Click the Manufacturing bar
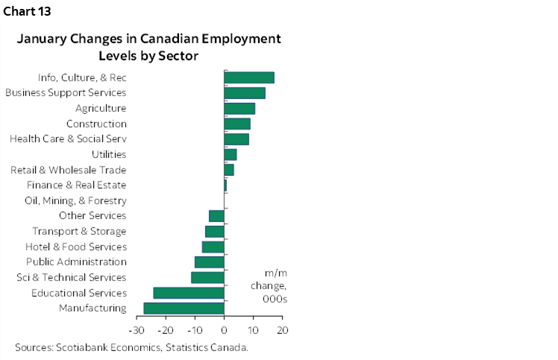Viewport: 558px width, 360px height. [x=184, y=308]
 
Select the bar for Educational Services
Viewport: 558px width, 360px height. [x=189, y=293]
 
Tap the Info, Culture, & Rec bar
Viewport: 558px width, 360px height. [x=249, y=78]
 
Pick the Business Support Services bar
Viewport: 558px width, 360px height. [x=245, y=93]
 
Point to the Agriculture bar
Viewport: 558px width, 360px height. [x=239, y=108]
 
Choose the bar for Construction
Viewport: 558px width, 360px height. [x=237, y=124]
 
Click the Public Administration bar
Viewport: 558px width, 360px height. [x=210, y=262]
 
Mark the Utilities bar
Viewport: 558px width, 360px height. [x=231, y=154]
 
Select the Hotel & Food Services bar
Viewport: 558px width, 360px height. [x=213, y=247]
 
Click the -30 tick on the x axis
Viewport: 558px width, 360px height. [x=136, y=329]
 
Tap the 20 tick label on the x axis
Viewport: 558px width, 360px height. [x=282, y=329]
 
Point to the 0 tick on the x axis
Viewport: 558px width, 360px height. [x=224, y=329]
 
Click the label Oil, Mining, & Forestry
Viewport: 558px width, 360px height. [x=75, y=200]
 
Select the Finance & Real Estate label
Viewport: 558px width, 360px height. [x=76, y=185]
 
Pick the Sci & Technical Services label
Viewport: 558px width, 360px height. [x=71, y=277]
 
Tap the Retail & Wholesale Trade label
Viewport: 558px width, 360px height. [x=68, y=170]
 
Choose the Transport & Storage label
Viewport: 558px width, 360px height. [x=79, y=231]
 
